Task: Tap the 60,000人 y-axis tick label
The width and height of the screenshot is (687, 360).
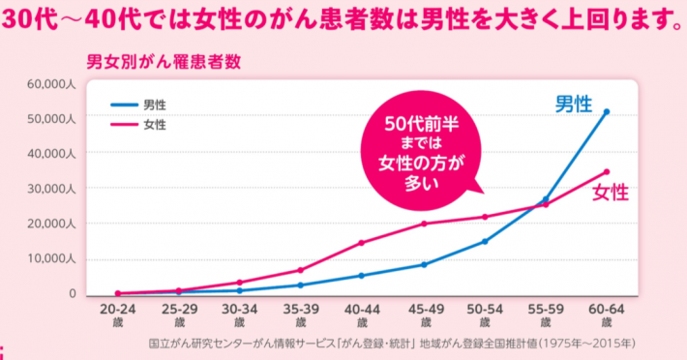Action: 51,84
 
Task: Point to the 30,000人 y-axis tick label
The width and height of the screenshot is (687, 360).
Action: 51,188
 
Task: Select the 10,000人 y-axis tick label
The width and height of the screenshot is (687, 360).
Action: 51,258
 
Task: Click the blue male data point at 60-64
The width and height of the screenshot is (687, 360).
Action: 607,111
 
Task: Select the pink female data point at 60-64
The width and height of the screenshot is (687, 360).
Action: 607,171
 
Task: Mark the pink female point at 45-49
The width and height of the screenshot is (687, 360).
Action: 423,224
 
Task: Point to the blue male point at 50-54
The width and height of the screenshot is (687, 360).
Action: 484,241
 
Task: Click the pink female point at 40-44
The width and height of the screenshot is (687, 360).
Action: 361,243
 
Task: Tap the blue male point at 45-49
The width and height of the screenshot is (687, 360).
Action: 423,264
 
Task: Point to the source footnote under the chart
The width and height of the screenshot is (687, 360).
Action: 392,344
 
